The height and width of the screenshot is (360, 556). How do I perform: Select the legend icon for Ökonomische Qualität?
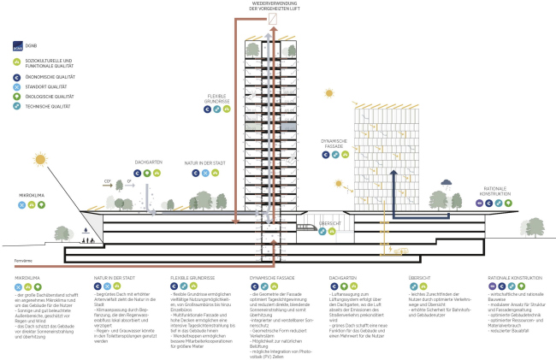pyautogui.click(x=18, y=76)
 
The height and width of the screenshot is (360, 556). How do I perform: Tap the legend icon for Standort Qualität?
pyautogui.click(x=18, y=87)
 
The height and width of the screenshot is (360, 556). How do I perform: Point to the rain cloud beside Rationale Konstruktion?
pyautogui.click(x=447, y=182)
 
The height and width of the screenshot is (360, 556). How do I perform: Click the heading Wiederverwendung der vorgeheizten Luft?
pyautogui.click(x=274, y=7)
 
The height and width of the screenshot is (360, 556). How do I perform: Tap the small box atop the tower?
pyautogui.click(x=274, y=18)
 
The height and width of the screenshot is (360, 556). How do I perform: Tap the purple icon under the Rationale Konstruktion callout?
pyautogui.click(x=481, y=204)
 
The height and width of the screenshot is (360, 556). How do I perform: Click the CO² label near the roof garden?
pyautogui.click(x=109, y=182)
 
